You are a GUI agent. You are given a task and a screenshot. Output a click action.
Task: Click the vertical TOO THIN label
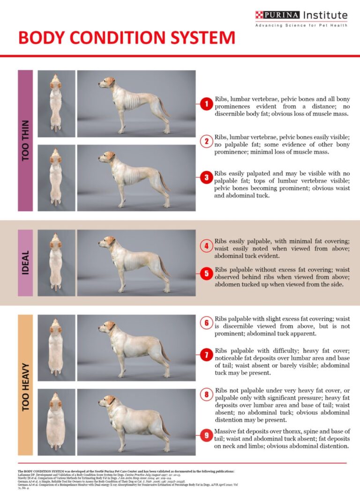click(25, 141)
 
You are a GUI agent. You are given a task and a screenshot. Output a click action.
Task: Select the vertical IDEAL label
click(25, 263)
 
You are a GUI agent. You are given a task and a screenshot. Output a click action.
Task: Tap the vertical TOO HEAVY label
click(25, 386)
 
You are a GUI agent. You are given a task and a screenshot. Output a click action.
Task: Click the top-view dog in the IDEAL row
click(56, 262)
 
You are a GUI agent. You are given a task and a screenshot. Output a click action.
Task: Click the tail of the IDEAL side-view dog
click(164, 267)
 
